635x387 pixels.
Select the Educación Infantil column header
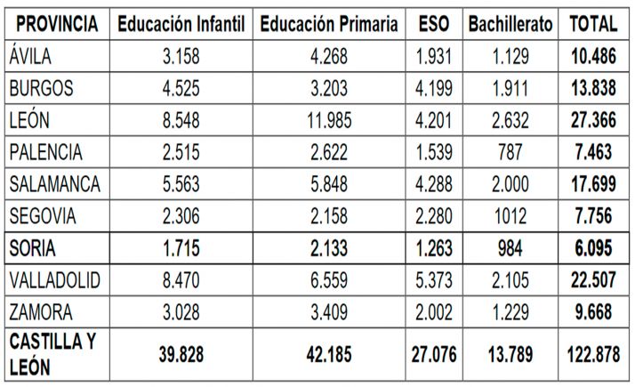[181, 22]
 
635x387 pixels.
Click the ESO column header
[433, 22]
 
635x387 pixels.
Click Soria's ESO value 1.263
[433, 249]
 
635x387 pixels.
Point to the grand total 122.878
[592, 354]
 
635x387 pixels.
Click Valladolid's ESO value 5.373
[433, 281]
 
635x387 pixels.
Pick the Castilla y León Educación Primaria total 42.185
[329, 354]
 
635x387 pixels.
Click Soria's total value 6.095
[592, 249]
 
